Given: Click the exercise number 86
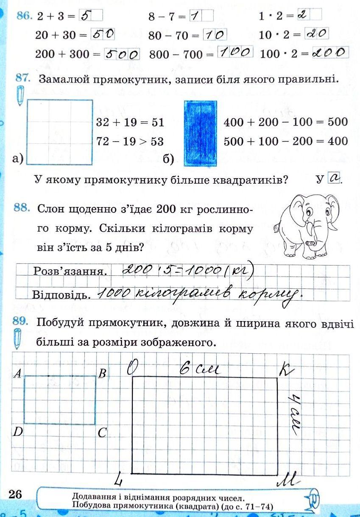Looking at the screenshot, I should click(23, 16).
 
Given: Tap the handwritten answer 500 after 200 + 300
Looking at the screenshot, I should click(122, 54).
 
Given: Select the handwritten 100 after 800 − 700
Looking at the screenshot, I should click(235, 53).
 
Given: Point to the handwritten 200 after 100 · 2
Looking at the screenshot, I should click(330, 53).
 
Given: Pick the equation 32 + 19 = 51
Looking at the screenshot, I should click(130, 123).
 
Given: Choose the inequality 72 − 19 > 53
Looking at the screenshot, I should click(130, 141).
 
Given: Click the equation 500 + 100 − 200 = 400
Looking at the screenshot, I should click(285, 141).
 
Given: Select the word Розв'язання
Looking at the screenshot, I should click(69, 271).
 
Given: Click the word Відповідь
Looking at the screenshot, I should click(62, 294).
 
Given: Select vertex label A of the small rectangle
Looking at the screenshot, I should click(18, 373).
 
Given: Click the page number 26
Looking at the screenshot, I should click(15, 494).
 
